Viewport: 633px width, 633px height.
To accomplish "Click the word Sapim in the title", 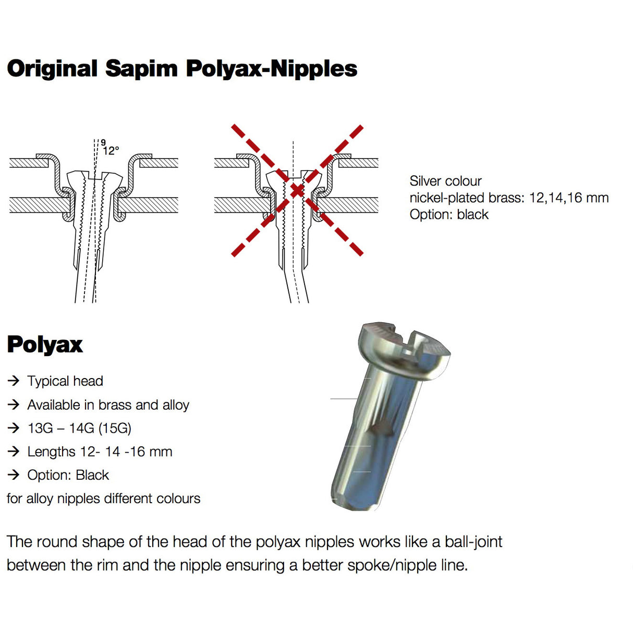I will tap(141, 69).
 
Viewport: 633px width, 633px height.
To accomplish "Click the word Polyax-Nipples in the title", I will tap(272, 69).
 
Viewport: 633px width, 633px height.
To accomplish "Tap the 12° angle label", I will tap(111, 151).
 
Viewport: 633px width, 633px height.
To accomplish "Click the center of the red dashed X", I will tap(297, 190).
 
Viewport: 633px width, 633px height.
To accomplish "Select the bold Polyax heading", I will tap(45, 345).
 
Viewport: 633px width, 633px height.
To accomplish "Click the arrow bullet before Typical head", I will tap(13, 381).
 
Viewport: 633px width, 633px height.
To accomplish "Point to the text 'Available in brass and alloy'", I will tap(108, 405).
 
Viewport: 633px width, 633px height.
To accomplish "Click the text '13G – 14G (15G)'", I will tap(79, 428).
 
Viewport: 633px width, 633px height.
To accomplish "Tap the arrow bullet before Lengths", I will tap(13, 452).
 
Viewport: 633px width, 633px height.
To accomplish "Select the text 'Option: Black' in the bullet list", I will tap(68, 475).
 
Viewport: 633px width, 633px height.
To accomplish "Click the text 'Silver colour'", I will tap(445, 181).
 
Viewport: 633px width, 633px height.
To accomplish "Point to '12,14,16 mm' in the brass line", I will tap(569, 198).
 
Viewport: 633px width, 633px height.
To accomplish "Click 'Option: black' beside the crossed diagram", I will tap(449, 214).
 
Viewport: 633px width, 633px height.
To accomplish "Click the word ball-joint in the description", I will tap(473, 542).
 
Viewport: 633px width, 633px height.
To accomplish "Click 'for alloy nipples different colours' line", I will tap(103, 498).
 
